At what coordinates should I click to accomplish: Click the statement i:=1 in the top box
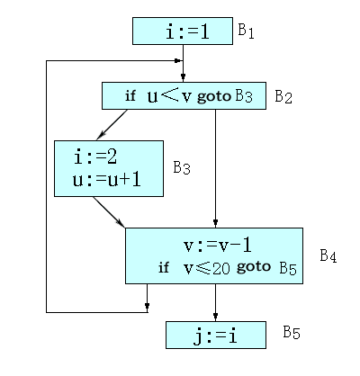tap(187, 31)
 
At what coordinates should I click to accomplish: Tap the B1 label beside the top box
tap(246, 31)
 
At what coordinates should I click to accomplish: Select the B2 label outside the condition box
tap(283, 96)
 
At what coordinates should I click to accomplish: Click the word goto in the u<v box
tap(214, 96)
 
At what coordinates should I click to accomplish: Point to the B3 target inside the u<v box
tap(244, 96)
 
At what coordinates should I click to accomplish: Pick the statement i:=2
tap(95, 157)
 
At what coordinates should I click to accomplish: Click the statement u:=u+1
tap(106, 180)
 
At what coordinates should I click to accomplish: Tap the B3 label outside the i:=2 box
tap(182, 168)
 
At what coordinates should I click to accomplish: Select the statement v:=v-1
tap(218, 246)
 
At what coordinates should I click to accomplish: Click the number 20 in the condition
tap(221, 268)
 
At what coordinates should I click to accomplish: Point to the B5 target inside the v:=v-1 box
tap(288, 268)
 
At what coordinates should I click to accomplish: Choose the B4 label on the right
tap(328, 255)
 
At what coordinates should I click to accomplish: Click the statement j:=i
tap(215, 336)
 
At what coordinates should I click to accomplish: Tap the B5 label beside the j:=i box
tap(292, 332)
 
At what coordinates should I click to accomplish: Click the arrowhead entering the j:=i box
tap(215, 317)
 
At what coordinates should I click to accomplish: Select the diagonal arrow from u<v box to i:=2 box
tap(112, 125)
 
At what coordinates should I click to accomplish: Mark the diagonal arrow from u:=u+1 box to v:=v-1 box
tap(109, 212)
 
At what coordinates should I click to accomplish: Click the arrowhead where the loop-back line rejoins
tap(178, 60)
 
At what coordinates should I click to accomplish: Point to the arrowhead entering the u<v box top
tap(183, 77)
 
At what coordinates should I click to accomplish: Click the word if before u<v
tap(130, 96)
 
